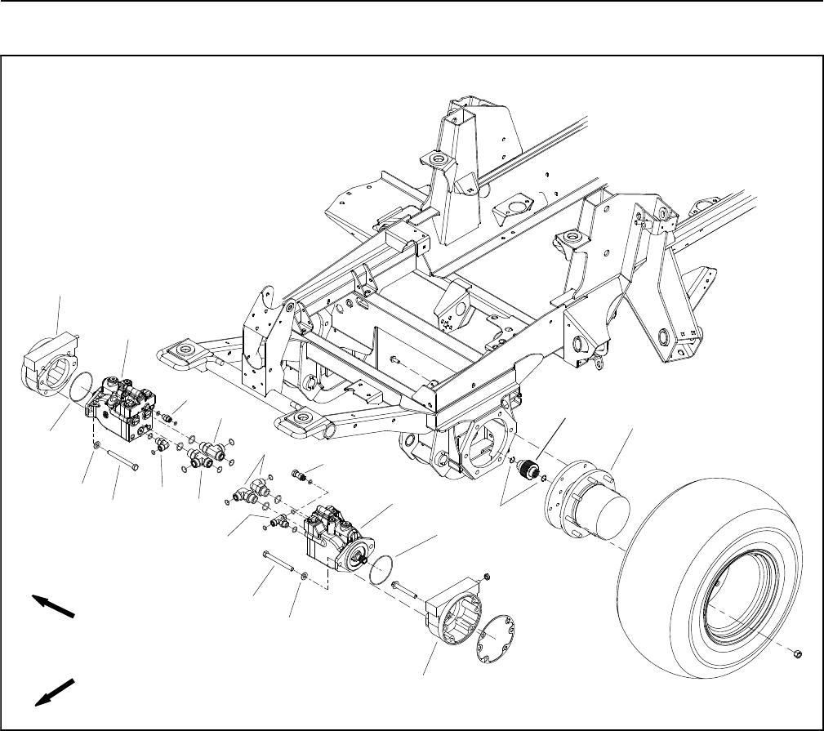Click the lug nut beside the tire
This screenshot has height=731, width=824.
(799, 653)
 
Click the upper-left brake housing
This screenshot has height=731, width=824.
(47, 368)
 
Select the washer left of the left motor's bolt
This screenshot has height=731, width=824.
(97, 445)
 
